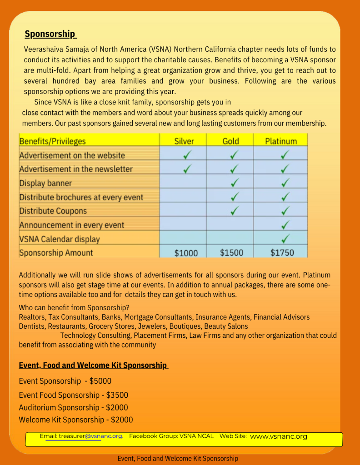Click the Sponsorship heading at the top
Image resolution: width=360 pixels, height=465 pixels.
[50, 34]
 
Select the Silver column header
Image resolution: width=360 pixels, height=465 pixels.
[184, 141]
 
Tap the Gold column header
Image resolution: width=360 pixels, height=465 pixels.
[230, 141]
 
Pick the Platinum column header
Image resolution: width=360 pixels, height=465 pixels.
[281, 141]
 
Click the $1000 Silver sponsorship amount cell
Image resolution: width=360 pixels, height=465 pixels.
[186, 253]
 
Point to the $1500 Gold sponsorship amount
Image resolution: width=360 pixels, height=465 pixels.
[231, 252]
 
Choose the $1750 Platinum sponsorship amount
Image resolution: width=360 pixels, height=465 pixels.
[282, 252]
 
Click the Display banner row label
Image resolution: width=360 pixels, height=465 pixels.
[45, 183]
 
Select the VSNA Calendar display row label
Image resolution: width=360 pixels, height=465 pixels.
[59, 239]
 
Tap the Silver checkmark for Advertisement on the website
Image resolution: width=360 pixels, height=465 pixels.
[187, 155]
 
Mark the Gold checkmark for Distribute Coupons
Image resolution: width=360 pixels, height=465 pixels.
[235, 211]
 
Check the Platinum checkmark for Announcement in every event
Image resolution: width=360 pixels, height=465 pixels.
[285, 225]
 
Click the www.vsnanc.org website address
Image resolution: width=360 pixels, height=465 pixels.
[279, 436]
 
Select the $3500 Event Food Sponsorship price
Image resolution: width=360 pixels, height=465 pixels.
[117, 395]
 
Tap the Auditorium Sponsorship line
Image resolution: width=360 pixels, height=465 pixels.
[73, 407]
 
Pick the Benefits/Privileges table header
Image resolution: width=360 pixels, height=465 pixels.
[52, 141]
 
